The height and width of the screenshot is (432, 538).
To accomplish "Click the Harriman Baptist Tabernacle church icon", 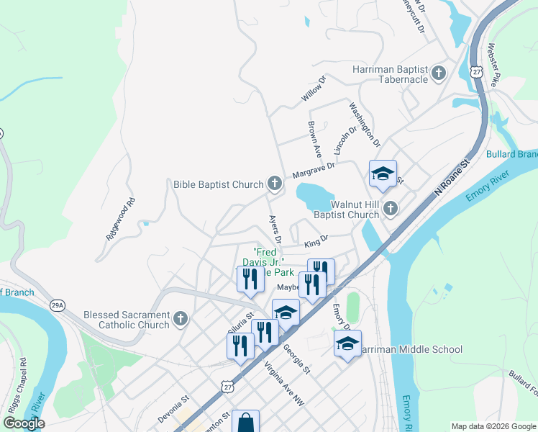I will coord(439,73).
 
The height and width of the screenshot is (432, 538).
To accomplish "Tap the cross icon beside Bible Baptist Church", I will coord(274,184).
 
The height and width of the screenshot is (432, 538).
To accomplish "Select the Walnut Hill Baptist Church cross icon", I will coord(391,209).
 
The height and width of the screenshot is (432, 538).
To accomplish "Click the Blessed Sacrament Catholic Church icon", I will coord(181,318).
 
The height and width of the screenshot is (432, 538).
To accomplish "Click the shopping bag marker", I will coord(245,422).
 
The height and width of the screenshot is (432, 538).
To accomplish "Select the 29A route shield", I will coord(58,305).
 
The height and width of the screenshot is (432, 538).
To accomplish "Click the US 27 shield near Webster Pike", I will coord(476,71).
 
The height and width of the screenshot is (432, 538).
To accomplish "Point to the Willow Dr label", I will coord(314,90).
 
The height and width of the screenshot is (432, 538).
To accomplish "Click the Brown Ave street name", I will coord(314,139).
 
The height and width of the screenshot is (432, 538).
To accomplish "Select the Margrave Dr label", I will coord(314,170).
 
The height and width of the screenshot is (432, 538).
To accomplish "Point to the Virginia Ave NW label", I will coord(284,387).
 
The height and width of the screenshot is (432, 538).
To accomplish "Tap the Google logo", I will coord(23,423).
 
